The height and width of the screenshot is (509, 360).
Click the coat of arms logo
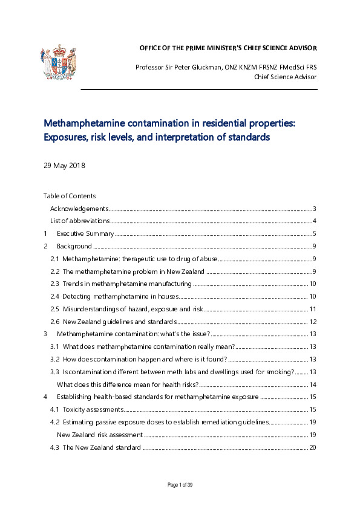pyautogui.click(x=58, y=62)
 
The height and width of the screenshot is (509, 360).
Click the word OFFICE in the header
pyautogui.click(x=151, y=48)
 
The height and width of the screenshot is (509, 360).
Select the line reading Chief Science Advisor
pyautogui.click(x=285, y=77)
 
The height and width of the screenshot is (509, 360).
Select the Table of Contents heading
pyautogui.click(x=69, y=196)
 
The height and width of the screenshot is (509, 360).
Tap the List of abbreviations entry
pyautogui.click(x=79, y=221)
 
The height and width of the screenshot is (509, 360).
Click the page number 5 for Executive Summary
pyautogui.click(x=314, y=234)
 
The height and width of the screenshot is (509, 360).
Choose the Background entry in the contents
pyautogui.click(x=74, y=246)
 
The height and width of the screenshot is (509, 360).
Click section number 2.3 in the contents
pyautogui.click(x=54, y=284)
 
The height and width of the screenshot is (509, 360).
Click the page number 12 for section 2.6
pyautogui.click(x=312, y=322)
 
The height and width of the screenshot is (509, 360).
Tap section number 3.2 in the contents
pyautogui.click(x=54, y=359)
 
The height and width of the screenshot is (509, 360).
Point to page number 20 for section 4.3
pyautogui.click(x=312, y=447)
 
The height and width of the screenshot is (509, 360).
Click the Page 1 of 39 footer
pyautogui.click(x=180, y=485)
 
